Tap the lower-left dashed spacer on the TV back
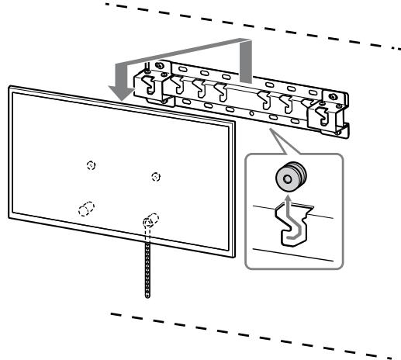click(x=85, y=209)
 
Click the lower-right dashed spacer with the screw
click(x=150, y=220)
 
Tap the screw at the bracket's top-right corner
click(x=335, y=99)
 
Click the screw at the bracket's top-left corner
click(x=160, y=64)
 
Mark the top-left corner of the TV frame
click(x=10, y=88)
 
